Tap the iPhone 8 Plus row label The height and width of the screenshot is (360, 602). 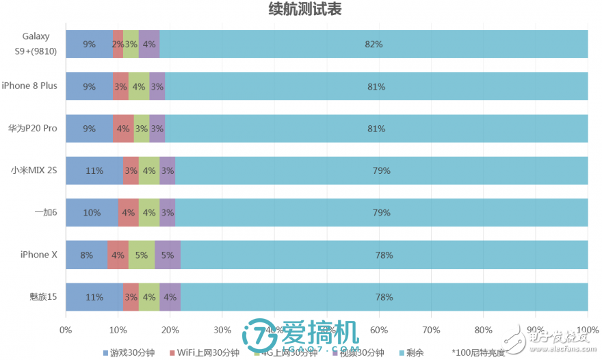pyautogui.click(x=29, y=86)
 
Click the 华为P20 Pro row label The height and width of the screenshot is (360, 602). pyautogui.click(x=32, y=128)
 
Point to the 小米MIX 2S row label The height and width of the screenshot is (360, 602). pyautogui.click(x=34, y=170)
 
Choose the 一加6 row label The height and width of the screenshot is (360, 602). pyautogui.click(x=45, y=212)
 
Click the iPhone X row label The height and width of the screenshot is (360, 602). pyautogui.click(x=38, y=255)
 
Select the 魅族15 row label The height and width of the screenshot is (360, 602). pyautogui.click(x=43, y=297)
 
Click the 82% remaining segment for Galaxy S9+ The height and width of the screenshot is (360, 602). pyautogui.click(x=374, y=44)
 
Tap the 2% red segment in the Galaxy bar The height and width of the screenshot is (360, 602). pyautogui.click(x=118, y=44)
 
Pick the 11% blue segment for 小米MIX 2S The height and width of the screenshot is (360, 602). pyautogui.click(x=94, y=170)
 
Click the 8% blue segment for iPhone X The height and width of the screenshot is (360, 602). pyautogui.click(x=87, y=255)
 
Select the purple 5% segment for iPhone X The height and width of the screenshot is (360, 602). pyautogui.click(x=168, y=255)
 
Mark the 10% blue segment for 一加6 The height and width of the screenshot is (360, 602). pyautogui.click(x=92, y=213)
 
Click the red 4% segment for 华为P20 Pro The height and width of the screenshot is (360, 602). pyautogui.click(x=123, y=128)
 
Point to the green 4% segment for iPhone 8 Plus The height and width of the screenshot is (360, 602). pyautogui.click(x=139, y=86)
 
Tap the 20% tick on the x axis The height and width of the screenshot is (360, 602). pyautogui.click(x=170, y=329)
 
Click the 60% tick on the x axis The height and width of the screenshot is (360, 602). pyautogui.click(x=379, y=329)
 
